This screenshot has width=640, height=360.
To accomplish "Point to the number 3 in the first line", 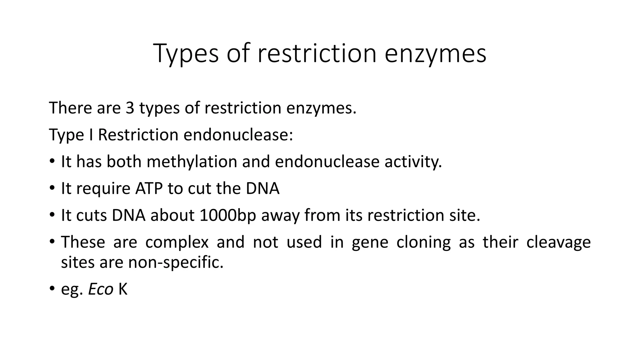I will [x=130, y=108].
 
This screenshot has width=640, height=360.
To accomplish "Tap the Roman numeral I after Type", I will [x=91, y=135].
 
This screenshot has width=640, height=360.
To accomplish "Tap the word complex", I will [x=177, y=242].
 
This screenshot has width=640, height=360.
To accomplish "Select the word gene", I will [x=370, y=242].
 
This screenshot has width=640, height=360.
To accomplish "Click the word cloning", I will [x=423, y=242].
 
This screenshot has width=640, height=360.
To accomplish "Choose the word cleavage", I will [x=558, y=242].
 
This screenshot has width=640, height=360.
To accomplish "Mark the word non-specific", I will [x=176, y=262].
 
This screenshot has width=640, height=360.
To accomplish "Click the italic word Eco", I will [x=101, y=289].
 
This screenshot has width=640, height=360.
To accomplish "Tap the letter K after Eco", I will [x=123, y=289].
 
